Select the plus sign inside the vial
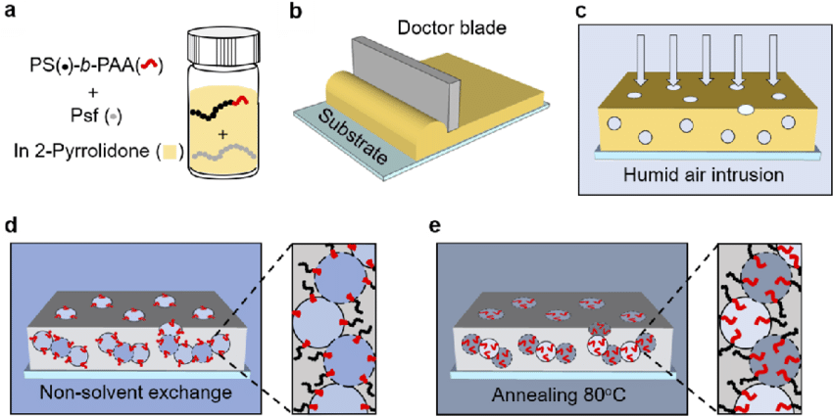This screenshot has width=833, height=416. tap(223, 135)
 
